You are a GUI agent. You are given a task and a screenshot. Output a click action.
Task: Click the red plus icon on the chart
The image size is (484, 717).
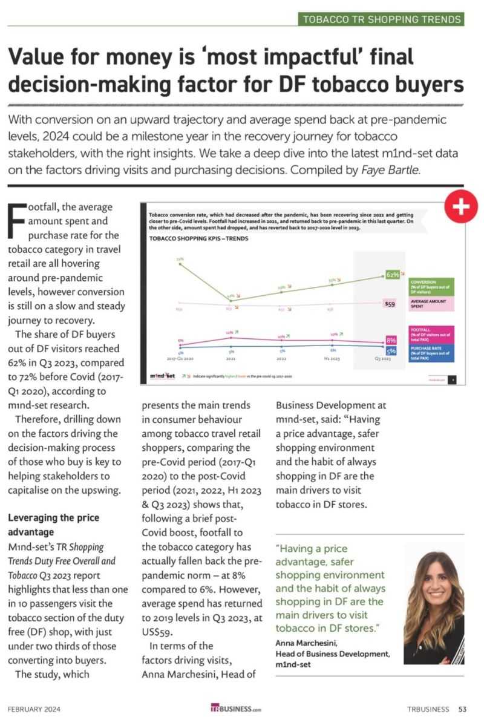click(461, 208)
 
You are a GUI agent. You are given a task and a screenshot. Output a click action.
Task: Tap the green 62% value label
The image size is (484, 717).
click(392, 275)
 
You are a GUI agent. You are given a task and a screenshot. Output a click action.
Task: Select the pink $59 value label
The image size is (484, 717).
click(390, 304)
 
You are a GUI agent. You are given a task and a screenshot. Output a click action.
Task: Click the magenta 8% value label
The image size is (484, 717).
click(391, 341)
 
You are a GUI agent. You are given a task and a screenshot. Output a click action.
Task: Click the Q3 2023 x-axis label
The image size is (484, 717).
click(382, 359)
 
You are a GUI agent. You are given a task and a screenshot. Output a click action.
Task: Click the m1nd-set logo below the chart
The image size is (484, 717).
click(163, 376)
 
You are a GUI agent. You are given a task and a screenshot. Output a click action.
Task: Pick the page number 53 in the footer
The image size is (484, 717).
click(462, 709)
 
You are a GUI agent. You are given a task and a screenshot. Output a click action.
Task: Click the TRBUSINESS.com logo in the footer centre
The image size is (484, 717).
click(236, 709)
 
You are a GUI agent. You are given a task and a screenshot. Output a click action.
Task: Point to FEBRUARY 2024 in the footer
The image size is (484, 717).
click(34, 709)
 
